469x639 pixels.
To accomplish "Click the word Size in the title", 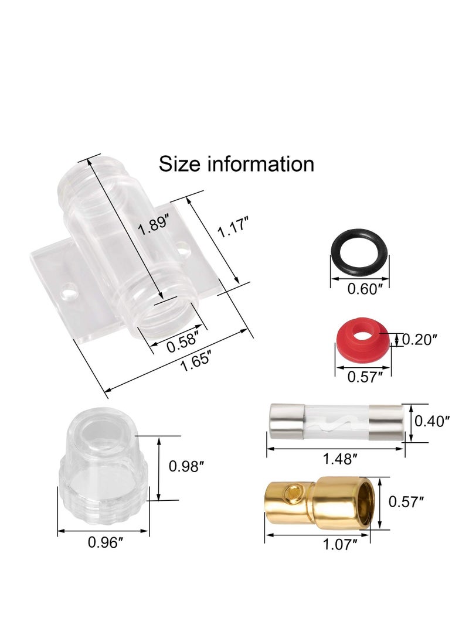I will [x=179, y=164].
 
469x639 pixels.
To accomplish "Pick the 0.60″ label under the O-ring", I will [x=365, y=289].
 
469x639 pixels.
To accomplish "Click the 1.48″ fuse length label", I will [x=337, y=459].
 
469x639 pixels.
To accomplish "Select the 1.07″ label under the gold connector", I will [x=340, y=545].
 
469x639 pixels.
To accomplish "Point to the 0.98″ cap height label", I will [x=186, y=467].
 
